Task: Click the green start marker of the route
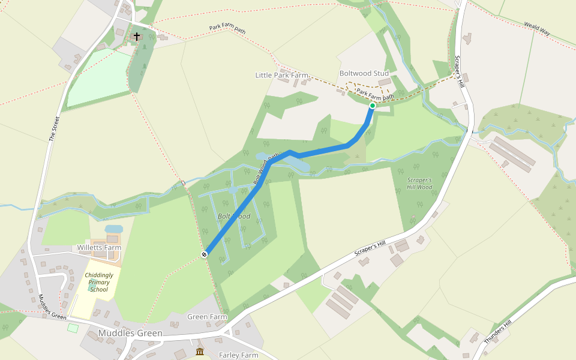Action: [x=372, y=106]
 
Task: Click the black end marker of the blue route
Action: [x=205, y=255]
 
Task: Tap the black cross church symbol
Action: [x=137, y=37]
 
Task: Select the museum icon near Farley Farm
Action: [x=200, y=351]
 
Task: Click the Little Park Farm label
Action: [x=281, y=75]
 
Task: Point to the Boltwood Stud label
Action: [x=364, y=73]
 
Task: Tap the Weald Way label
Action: [x=537, y=31]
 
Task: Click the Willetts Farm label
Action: [x=99, y=247]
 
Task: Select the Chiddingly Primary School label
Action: [x=96, y=282]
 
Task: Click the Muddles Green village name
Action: [x=130, y=333]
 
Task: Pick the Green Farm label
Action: [x=207, y=316]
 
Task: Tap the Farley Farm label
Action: [x=238, y=355]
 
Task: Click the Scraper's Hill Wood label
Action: [x=419, y=184]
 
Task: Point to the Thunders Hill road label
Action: [x=497, y=332]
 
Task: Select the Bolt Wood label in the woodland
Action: [x=234, y=216]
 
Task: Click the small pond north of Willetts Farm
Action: [x=113, y=229]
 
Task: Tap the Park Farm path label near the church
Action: [x=227, y=28]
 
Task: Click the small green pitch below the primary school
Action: [x=73, y=328]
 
